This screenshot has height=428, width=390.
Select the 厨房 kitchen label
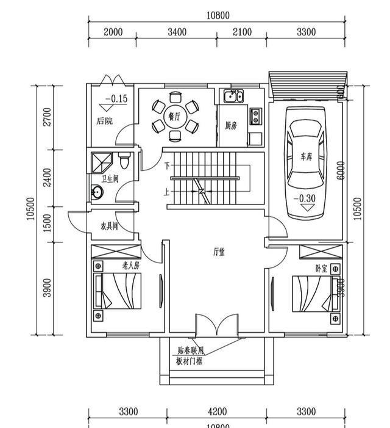coord(230,126)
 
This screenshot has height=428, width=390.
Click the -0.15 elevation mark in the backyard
coord(116,99)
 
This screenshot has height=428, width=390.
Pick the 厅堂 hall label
coord(219,251)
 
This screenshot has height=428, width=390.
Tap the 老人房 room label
coord(130,266)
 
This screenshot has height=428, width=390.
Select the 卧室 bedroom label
coord(321,269)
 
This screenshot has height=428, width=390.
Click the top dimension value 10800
coord(218,15)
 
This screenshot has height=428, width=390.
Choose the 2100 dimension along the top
coord(242,32)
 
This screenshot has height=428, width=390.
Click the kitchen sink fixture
coord(233,96)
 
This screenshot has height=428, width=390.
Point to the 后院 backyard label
coord(105,121)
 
